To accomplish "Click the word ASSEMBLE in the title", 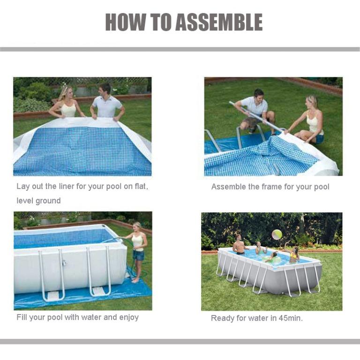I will click(x=219, y=22).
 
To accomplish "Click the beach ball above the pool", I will click(x=277, y=234).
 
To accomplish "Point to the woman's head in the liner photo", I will click(x=65, y=91).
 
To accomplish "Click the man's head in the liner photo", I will click(x=105, y=89).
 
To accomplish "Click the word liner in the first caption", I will click(x=66, y=187).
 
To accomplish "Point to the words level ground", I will click(x=38, y=201).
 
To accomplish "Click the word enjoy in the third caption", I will click(x=128, y=317).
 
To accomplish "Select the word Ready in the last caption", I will click(x=223, y=318).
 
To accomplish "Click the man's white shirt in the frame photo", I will click(x=254, y=106).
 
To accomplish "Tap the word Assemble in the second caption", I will click(x=229, y=187).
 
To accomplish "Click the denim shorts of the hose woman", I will click(x=138, y=255).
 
